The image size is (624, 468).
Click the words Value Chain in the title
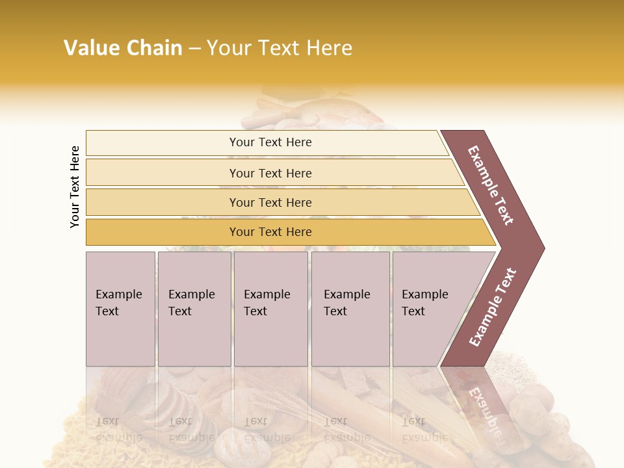(123, 48)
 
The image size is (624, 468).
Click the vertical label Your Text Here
(75, 187)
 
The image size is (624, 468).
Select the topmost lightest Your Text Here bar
(270, 142)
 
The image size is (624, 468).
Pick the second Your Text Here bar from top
(270, 173)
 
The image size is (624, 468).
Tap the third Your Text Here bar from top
(270, 202)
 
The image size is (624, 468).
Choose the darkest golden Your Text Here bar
(270, 232)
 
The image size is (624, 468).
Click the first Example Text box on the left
(120, 309)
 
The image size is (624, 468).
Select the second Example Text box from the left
(194, 309)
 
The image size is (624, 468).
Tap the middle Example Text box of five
(270, 309)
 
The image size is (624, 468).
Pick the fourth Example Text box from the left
(350, 309)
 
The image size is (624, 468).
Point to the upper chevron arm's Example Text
(491, 185)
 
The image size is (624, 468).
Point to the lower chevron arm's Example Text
(492, 307)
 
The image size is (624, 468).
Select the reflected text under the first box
(118, 429)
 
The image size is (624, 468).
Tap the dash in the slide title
(194, 49)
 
